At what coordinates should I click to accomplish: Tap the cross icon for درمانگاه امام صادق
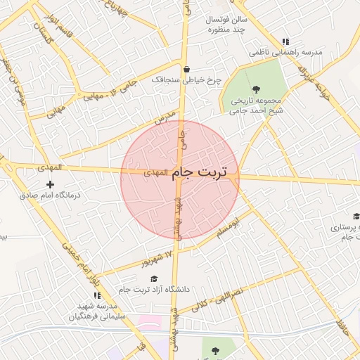click(49, 184)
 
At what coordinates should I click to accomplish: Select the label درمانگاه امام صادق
click(49, 195)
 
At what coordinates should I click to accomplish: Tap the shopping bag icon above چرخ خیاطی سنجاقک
click(186, 70)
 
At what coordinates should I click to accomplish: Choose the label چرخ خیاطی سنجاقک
click(186, 80)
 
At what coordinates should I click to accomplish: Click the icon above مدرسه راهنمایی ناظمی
click(285, 42)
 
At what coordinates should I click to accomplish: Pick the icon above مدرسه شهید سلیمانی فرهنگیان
click(97, 295)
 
